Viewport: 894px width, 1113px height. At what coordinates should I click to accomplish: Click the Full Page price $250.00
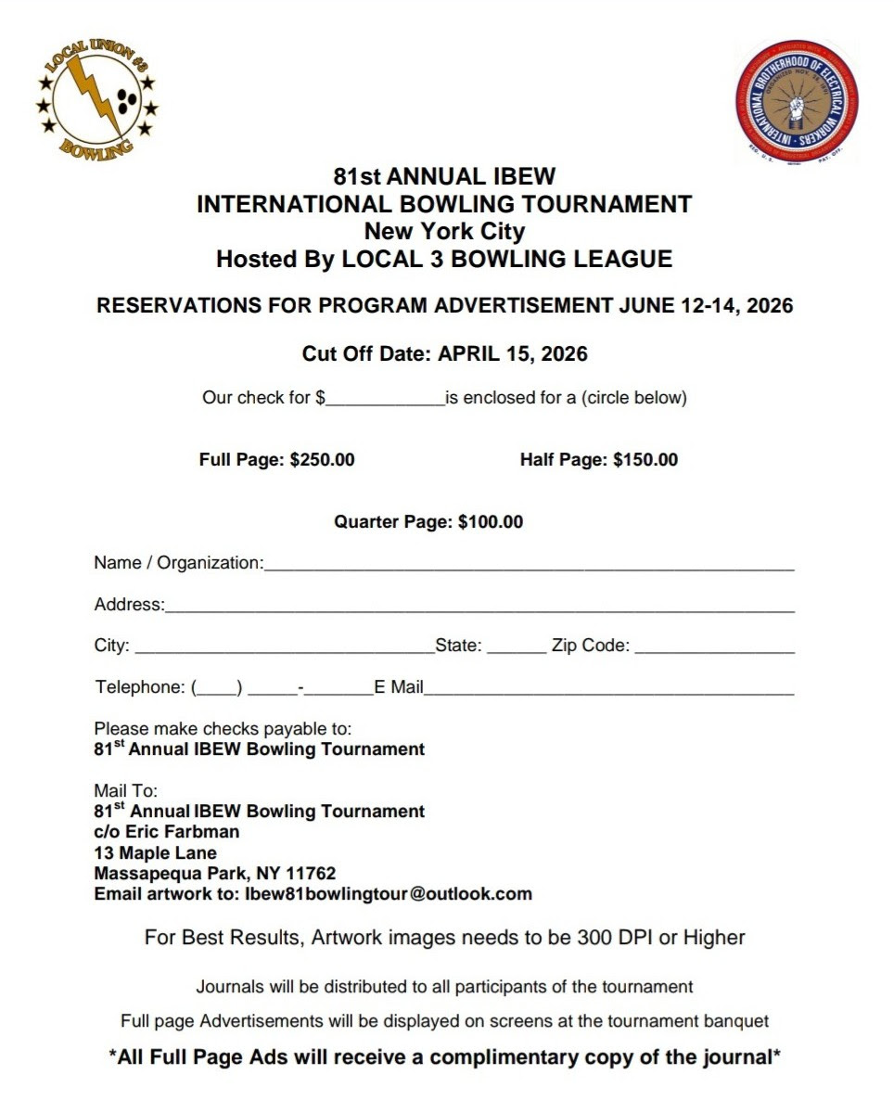pyautogui.click(x=322, y=459)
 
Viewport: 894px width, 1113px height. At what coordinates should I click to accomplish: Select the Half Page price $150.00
pyautogui.click(x=645, y=459)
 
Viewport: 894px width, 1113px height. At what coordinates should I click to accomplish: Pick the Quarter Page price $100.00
pyautogui.click(x=491, y=522)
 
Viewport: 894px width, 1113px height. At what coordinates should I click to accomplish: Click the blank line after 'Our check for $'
pyautogui.click(x=385, y=401)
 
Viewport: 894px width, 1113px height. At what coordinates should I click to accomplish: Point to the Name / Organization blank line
pyautogui.click(x=529, y=564)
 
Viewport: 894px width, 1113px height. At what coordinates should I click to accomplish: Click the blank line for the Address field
pyautogui.click(x=479, y=607)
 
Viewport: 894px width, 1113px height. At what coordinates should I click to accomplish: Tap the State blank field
pyautogui.click(x=516, y=648)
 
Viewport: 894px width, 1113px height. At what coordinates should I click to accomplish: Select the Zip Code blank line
pyautogui.click(x=714, y=648)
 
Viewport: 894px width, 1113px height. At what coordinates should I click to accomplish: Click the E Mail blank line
pyautogui.click(x=608, y=689)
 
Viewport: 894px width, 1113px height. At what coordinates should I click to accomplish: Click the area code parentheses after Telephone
pyautogui.click(x=217, y=688)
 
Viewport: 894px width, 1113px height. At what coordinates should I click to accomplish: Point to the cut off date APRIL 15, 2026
pyautogui.click(x=513, y=353)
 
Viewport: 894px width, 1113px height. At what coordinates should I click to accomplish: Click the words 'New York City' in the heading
pyautogui.click(x=444, y=231)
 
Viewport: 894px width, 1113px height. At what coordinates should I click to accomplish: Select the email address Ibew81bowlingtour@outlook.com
pyautogui.click(x=388, y=895)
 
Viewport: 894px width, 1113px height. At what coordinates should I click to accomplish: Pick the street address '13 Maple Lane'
pyautogui.click(x=155, y=853)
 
